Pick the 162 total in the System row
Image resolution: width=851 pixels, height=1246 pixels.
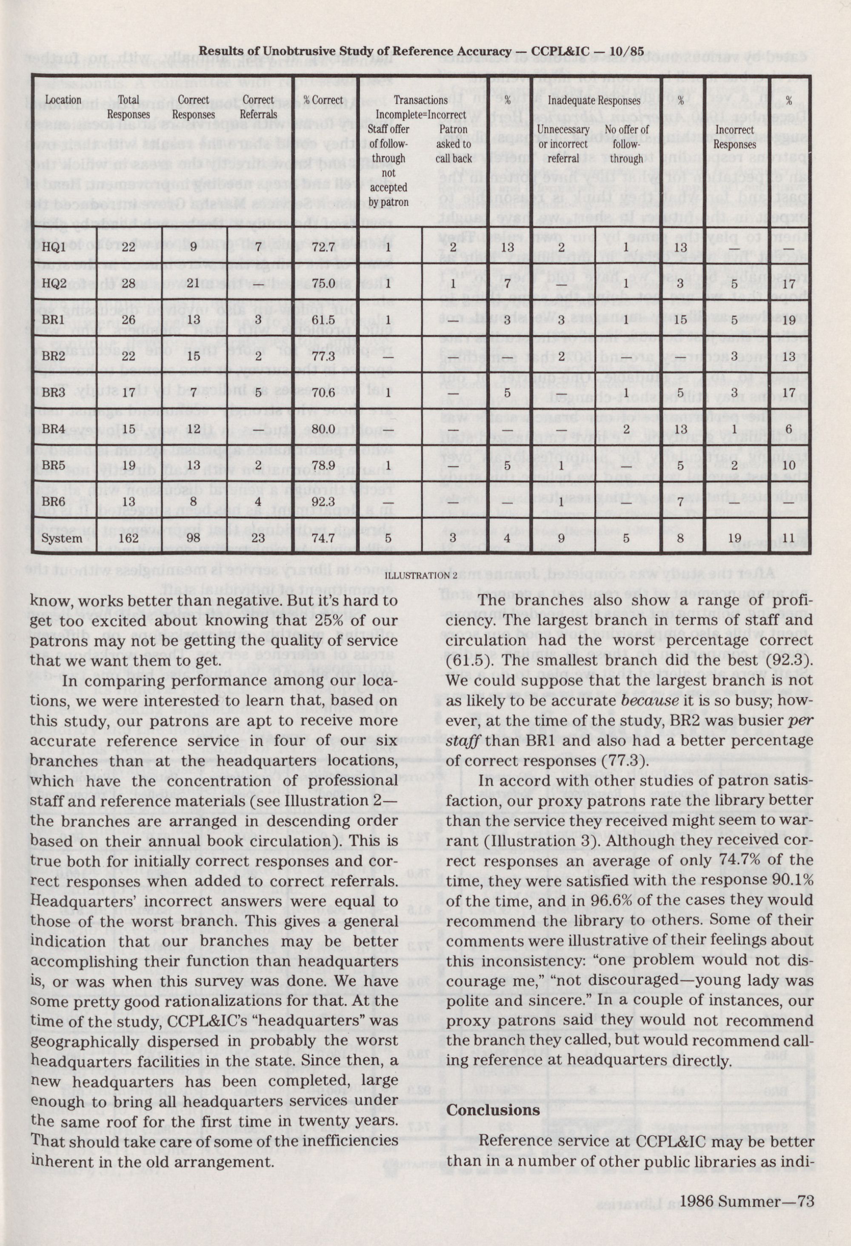[x=128, y=538]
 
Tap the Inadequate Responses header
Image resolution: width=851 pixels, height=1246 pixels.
[x=594, y=100]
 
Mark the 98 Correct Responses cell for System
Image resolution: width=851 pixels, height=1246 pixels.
[x=194, y=538]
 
